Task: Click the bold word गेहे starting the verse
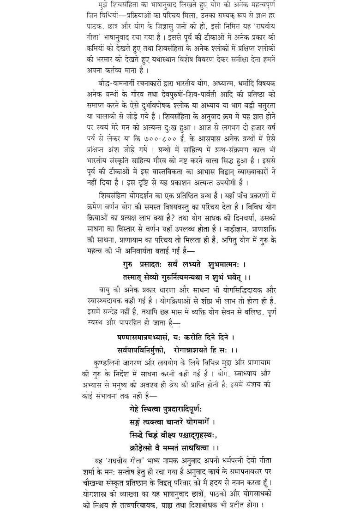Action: [x=138, y=409]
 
